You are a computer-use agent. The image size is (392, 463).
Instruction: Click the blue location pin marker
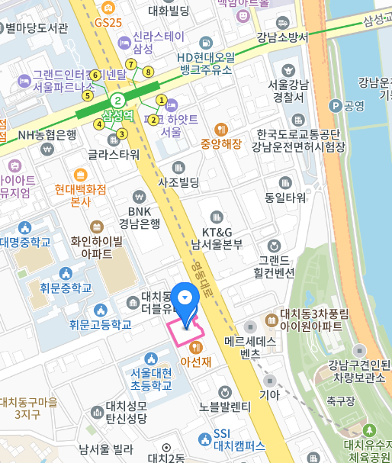(185, 298)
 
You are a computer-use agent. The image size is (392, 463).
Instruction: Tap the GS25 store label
(108, 23)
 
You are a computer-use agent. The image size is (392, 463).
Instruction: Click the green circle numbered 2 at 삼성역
(117, 101)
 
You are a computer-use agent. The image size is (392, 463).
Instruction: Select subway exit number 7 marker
(131, 64)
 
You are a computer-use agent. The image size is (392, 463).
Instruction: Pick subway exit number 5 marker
(88, 95)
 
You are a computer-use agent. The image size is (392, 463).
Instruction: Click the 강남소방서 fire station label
(282, 37)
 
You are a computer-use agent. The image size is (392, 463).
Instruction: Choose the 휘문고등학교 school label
(100, 324)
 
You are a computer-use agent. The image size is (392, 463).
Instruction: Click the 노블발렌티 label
(224, 406)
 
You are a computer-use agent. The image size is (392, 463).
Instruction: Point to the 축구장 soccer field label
(340, 400)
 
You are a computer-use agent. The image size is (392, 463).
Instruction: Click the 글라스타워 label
(114, 153)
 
